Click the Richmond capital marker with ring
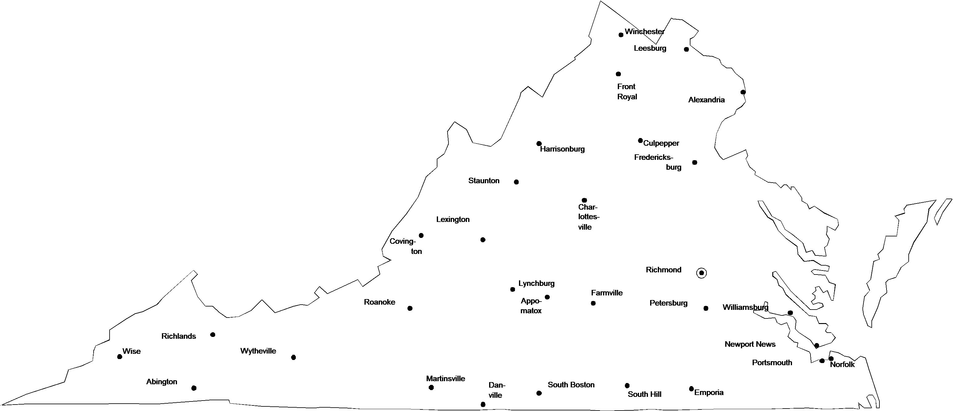click(702, 273)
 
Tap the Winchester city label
click(645, 32)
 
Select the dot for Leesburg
click(686, 49)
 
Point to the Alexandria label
click(706, 100)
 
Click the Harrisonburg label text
click(562, 149)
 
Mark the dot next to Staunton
click(517, 182)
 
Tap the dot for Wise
click(119, 357)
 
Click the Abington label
click(162, 382)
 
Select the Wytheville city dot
click(293, 358)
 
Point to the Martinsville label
click(445, 378)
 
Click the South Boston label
click(571, 385)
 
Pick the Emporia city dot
click(691, 389)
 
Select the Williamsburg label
click(746, 307)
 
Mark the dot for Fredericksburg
click(695, 162)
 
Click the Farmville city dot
click(593, 303)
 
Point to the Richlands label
click(179, 336)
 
